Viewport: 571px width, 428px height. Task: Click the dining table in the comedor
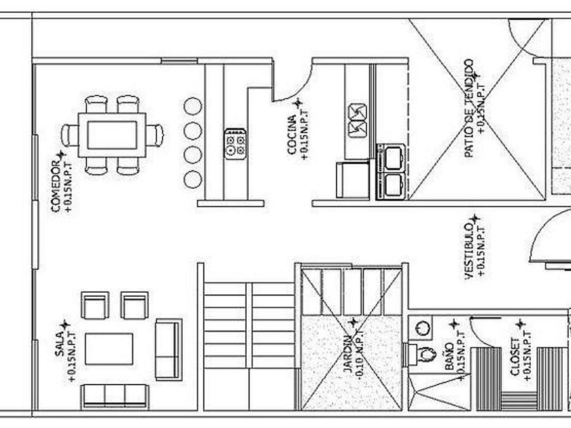pyautogui.click(x=112, y=135)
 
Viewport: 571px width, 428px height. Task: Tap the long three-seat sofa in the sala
pyautogui.click(x=114, y=396)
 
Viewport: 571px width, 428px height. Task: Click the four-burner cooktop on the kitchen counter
pyautogui.click(x=236, y=143)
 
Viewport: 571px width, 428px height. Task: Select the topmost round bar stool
pyautogui.click(x=193, y=107)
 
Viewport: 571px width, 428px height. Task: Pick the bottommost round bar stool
pyautogui.click(x=193, y=179)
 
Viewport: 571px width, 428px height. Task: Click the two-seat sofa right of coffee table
pyautogui.click(x=168, y=349)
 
